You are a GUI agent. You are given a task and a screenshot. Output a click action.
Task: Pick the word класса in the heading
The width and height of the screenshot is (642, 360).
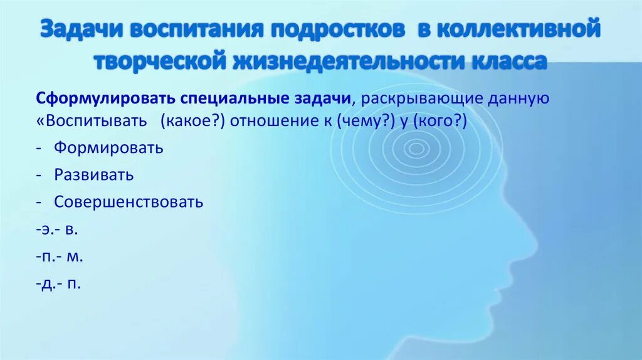click(505, 61)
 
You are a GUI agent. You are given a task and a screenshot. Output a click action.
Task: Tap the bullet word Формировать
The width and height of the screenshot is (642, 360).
click(108, 148)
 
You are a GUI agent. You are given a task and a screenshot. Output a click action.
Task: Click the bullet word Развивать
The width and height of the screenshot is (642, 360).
click(93, 175)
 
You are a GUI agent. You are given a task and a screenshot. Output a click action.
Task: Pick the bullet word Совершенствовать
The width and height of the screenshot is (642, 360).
click(129, 202)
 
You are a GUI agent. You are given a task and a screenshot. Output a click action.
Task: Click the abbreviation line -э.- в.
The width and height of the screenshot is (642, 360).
click(57, 230)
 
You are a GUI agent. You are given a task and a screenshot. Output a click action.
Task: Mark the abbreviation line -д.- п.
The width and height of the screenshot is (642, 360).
click(58, 283)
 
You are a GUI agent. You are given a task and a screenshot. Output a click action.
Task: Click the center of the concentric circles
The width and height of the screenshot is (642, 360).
click(416, 149)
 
